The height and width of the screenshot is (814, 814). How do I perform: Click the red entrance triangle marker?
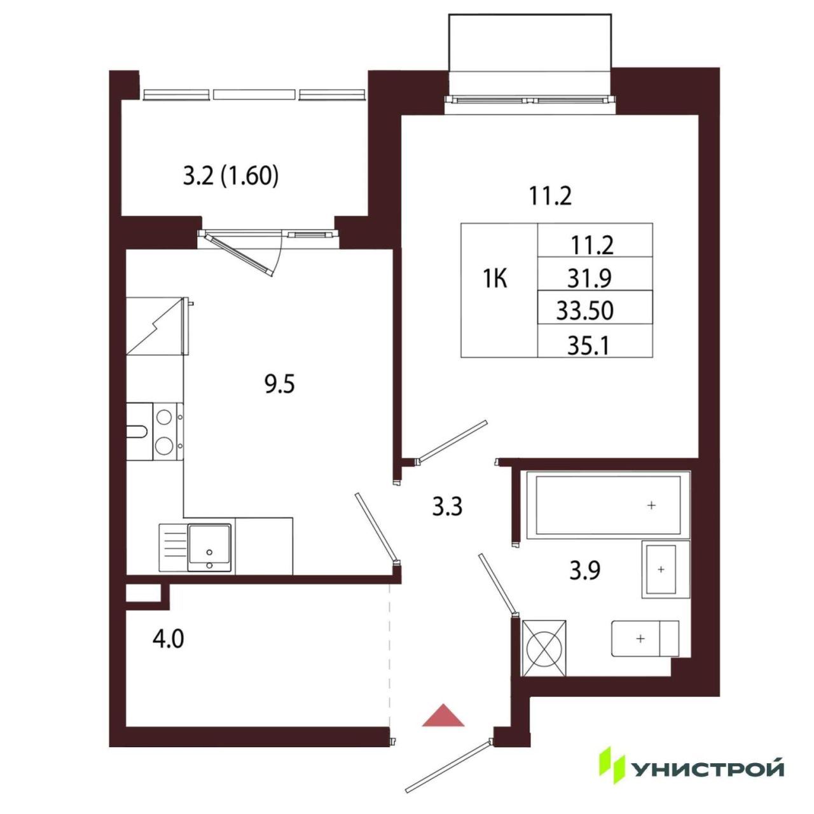pyautogui.click(x=443, y=715)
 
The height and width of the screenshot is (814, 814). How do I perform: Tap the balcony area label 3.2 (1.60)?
pyautogui.click(x=231, y=176)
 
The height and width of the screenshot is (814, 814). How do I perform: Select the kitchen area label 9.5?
pyautogui.click(x=280, y=385)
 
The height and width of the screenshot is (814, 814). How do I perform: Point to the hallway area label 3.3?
pyautogui.click(x=447, y=507)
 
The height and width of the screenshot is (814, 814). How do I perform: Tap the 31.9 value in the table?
pyautogui.click(x=590, y=279)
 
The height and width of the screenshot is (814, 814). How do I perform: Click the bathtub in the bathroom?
pyautogui.click(x=608, y=504)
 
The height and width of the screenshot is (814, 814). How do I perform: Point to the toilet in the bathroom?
pyautogui.click(x=645, y=638)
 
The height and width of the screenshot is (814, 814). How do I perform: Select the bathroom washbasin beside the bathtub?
pyautogui.click(x=666, y=569)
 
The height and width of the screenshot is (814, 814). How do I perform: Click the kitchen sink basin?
pyautogui.click(x=210, y=548)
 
